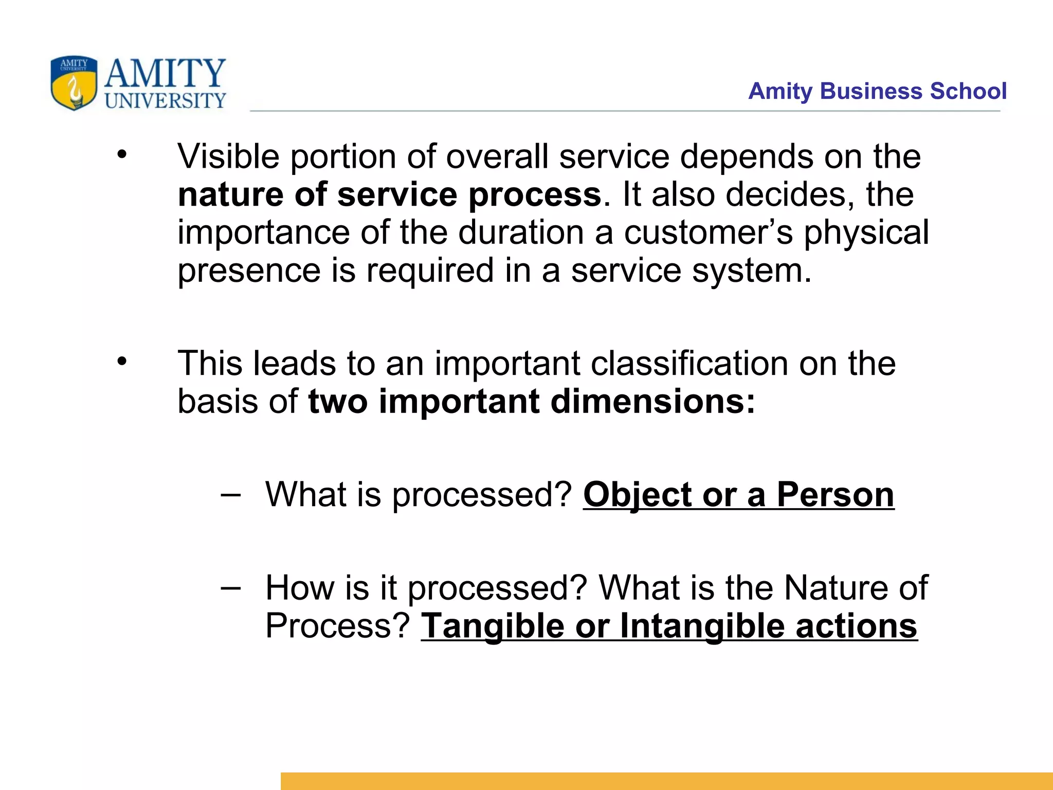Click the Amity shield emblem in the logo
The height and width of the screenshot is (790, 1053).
tap(74, 83)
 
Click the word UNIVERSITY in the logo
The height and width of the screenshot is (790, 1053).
tap(166, 101)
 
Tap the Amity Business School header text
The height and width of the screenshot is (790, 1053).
tap(877, 91)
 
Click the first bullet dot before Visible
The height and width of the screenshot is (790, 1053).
tap(121, 154)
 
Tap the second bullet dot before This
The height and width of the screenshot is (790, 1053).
tap(121, 361)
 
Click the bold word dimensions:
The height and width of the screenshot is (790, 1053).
tap(653, 402)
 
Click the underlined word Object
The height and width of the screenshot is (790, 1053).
tap(637, 495)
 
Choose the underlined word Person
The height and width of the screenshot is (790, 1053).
tap(835, 495)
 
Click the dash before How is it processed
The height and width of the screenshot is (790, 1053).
tap(230, 588)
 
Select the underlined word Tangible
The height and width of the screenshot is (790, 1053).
tap(493, 626)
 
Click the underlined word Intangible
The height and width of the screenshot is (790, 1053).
tap(702, 626)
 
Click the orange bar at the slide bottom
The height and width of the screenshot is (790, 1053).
tap(666, 781)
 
